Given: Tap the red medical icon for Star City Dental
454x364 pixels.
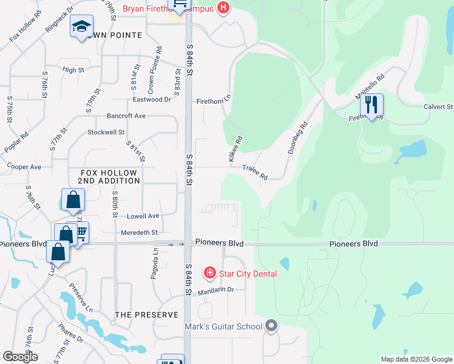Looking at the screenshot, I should (x=210, y=274).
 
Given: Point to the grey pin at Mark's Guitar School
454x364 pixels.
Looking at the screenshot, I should (x=271, y=326).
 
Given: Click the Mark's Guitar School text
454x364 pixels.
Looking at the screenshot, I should (x=223, y=326).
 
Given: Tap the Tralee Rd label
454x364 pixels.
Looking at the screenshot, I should (x=255, y=172).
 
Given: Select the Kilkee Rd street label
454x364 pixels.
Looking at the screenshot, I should (x=235, y=149).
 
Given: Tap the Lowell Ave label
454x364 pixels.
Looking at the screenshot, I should (x=143, y=216).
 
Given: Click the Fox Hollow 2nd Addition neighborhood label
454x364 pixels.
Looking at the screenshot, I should (x=110, y=177).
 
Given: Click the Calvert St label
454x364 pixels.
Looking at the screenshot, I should (x=437, y=107).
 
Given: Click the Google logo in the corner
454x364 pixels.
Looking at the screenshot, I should (x=20, y=357).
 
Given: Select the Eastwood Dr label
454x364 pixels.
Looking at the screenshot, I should (x=152, y=99).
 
